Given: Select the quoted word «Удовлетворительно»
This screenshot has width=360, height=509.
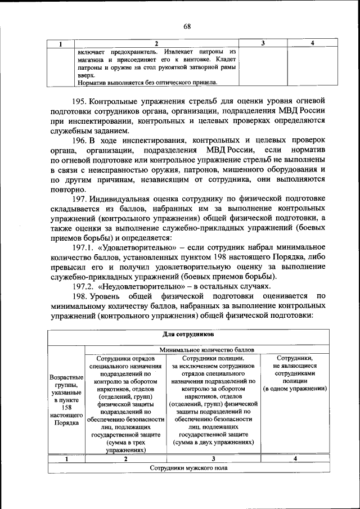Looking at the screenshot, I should point(138,248).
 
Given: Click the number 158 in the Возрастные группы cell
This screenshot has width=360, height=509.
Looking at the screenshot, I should point(66,408).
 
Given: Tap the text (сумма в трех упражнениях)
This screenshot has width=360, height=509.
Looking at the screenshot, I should point(125,447).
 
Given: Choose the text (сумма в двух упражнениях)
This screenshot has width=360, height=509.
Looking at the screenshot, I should point(213,443).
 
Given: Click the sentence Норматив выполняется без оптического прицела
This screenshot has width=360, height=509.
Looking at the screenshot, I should point(147,82).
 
